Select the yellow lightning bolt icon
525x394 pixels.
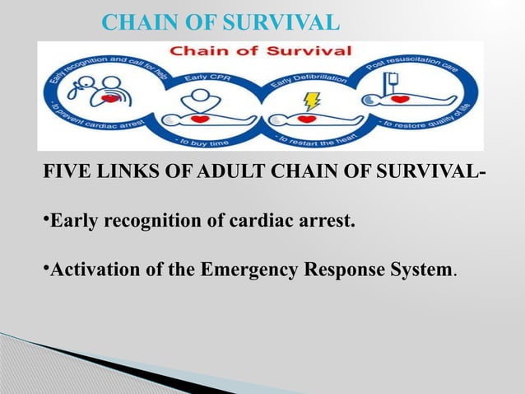pyautogui.click(x=312, y=101)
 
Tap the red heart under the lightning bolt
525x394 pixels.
pyautogui.click(x=307, y=119)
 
